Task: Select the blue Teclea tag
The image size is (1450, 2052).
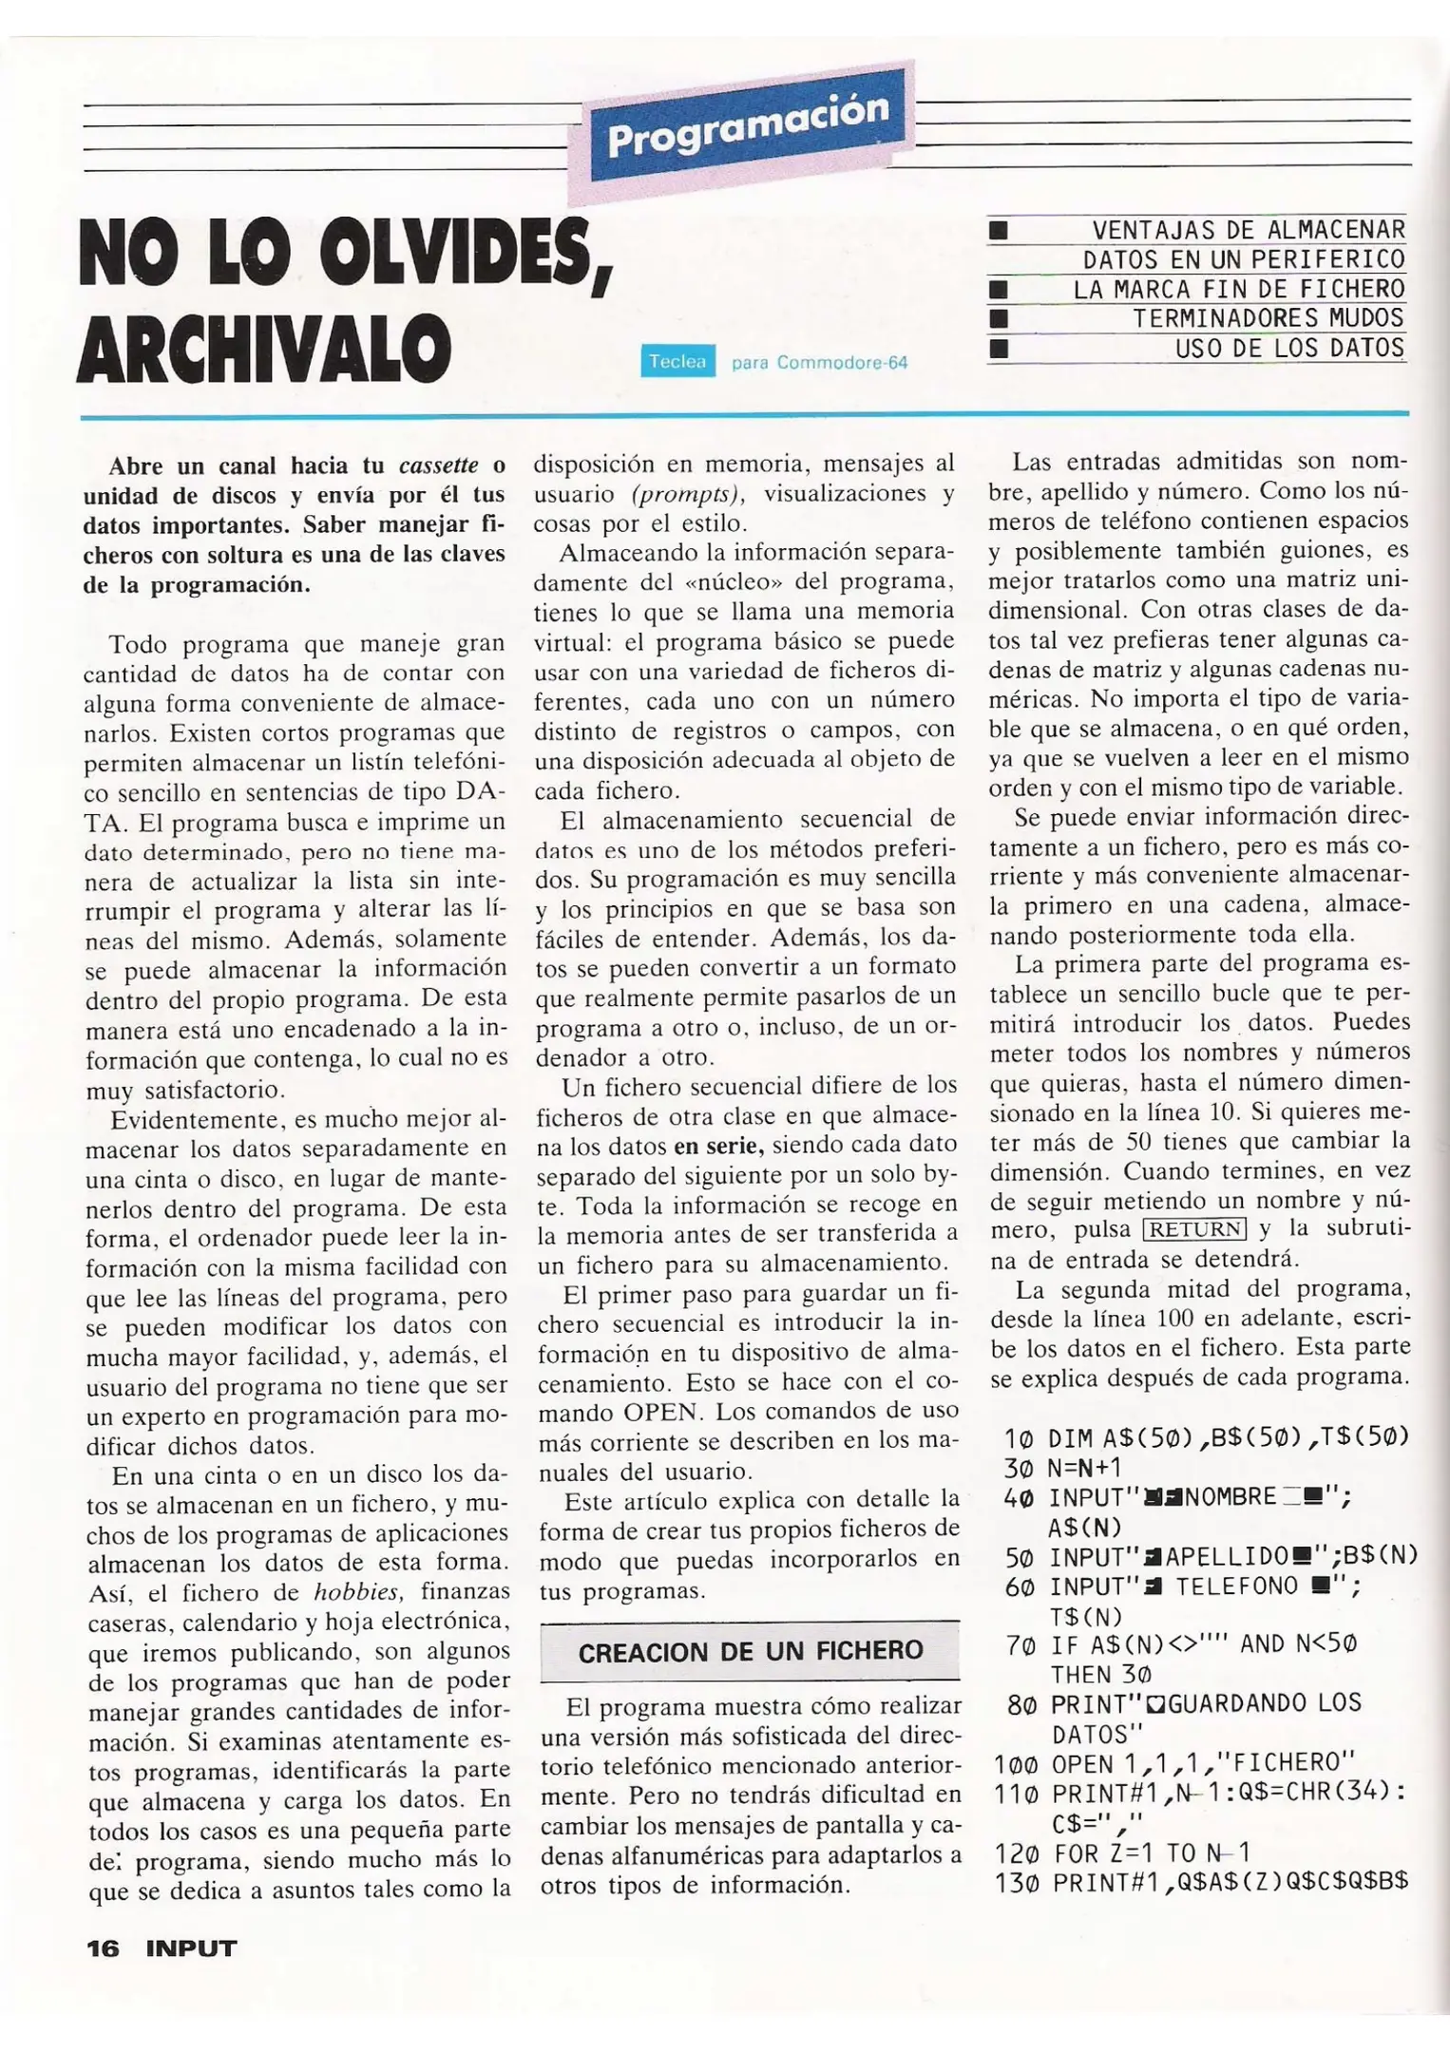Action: (x=677, y=362)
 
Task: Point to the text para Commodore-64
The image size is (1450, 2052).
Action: (x=819, y=363)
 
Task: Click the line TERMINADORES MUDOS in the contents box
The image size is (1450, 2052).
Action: (x=1268, y=318)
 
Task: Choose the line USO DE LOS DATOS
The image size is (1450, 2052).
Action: (x=1289, y=348)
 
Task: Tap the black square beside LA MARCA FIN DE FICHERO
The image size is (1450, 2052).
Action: (x=998, y=289)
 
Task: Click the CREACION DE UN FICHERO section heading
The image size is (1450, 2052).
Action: (x=750, y=1651)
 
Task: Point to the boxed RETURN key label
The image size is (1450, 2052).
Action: (x=1194, y=1229)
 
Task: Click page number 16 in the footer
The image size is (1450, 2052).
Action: (x=103, y=1948)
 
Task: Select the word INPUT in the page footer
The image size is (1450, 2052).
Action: (x=191, y=1948)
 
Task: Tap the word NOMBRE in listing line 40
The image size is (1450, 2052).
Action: (x=1231, y=1497)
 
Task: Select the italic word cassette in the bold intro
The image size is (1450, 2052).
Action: (x=438, y=465)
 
